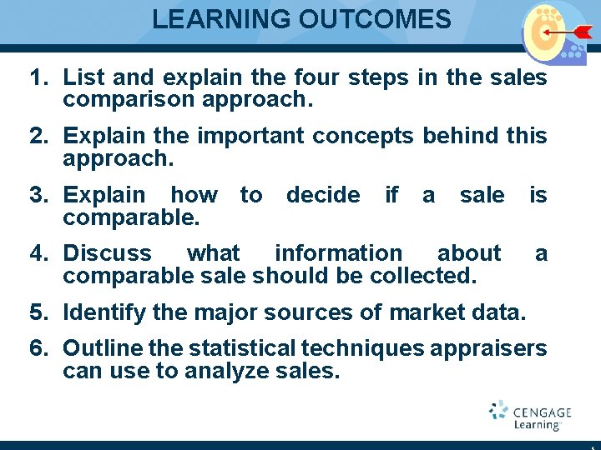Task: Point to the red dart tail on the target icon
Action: pos(582,32)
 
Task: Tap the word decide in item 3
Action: pos(323,195)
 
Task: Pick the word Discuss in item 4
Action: pos(108,252)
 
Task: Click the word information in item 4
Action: pos(338,252)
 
